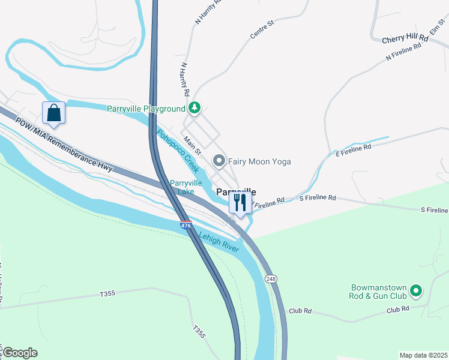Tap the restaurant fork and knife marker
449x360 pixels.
[x=239, y=202]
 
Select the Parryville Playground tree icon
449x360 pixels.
[x=194, y=108]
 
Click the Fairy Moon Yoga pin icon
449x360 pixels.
[x=219, y=161]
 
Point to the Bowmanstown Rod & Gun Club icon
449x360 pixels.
[x=415, y=292]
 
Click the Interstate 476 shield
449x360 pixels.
[x=186, y=225]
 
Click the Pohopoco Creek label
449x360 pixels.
[x=178, y=151]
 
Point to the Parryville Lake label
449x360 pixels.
[x=182, y=187]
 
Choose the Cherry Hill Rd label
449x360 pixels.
[x=405, y=38]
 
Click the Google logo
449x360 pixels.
[x=19, y=353]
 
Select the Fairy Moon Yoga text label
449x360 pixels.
[x=259, y=161]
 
